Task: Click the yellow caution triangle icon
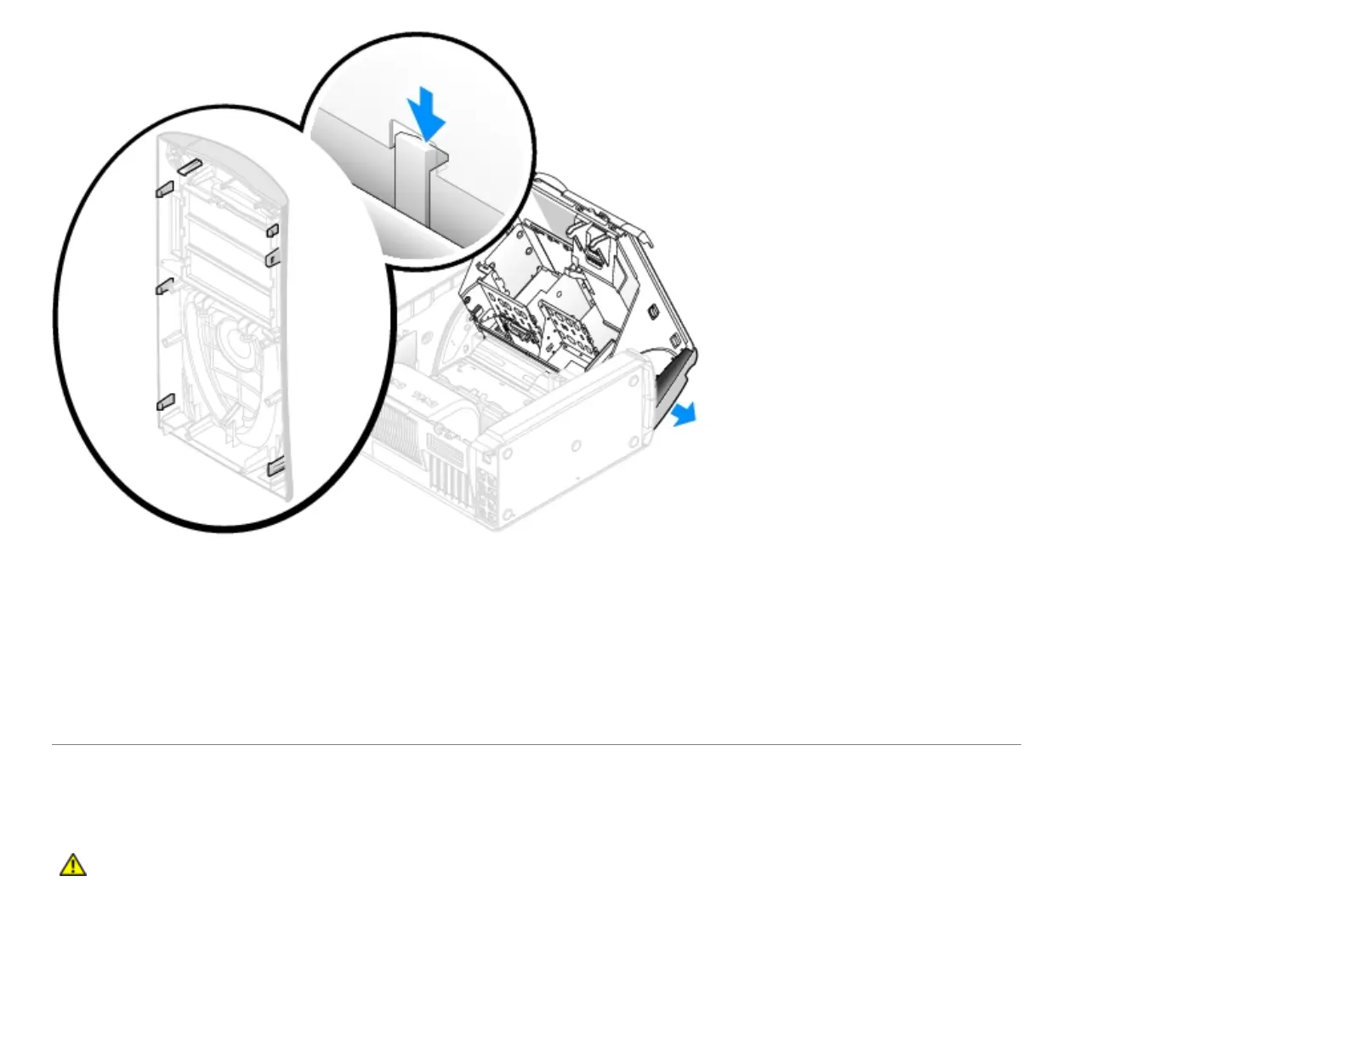(x=73, y=865)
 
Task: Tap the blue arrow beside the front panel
(x=682, y=414)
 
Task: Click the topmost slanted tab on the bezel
(x=188, y=165)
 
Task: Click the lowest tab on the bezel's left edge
(x=165, y=401)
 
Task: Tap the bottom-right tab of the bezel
(x=276, y=467)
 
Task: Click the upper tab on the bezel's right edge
(x=272, y=230)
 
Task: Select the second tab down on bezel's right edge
(x=272, y=257)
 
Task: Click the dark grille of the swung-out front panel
(x=675, y=378)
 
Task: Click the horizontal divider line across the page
(x=536, y=744)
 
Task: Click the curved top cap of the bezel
(x=225, y=149)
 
